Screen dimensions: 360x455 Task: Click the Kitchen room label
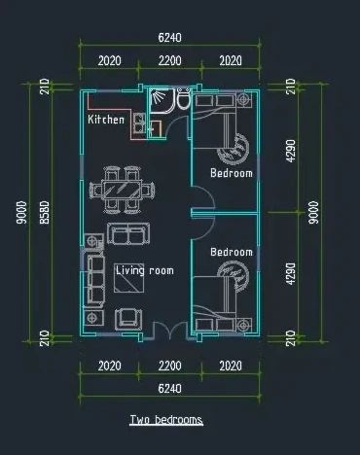click(106, 120)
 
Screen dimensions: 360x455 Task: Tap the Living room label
click(145, 270)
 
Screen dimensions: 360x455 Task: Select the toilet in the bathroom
click(183, 98)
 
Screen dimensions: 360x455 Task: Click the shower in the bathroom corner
click(160, 99)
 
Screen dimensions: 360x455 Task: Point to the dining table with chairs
click(122, 190)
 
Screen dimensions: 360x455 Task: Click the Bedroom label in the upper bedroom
click(232, 173)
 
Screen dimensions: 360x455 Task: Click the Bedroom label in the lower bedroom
click(232, 252)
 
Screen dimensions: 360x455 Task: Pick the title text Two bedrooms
click(166, 420)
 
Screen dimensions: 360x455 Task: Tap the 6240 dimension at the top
click(169, 38)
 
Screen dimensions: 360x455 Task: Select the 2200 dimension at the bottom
click(169, 366)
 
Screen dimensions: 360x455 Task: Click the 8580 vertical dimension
click(45, 213)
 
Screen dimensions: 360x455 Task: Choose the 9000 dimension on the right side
click(313, 213)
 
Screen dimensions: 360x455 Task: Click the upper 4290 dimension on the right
click(291, 151)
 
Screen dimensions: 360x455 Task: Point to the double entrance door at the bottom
click(170, 331)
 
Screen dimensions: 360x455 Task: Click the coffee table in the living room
click(129, 279)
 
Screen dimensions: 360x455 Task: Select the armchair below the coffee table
click(128, 319)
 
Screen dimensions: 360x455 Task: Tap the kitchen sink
click(139, 122)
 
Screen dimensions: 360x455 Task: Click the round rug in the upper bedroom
click(234, 149)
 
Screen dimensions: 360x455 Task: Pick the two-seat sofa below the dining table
click(128, 233)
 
